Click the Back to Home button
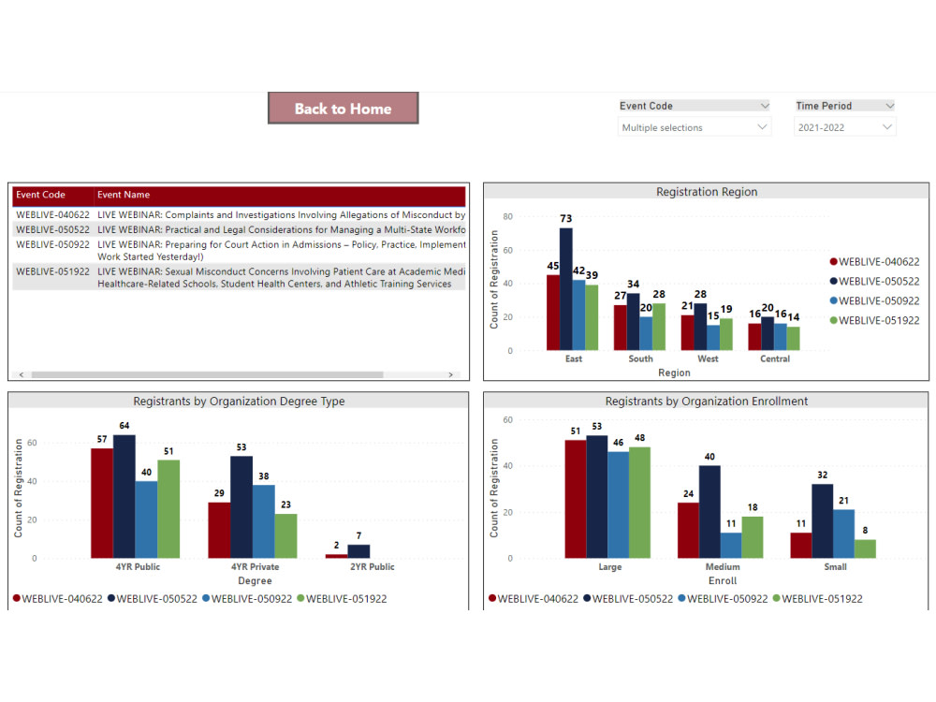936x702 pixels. [343, 109]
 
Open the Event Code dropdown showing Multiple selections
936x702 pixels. [695, 127]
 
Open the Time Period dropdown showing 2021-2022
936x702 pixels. [844, 127]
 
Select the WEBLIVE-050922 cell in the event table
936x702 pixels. [53, 244]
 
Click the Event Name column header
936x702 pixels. [124, 195]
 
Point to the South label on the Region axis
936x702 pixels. [641, 358]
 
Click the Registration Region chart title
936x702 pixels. [707, 192]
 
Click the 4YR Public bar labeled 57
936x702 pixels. [102, 503]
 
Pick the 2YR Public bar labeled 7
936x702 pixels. [358, 551]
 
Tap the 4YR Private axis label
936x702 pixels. [255, 566]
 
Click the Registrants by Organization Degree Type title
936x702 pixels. [239, 402]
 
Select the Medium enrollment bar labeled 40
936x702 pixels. [709, 511]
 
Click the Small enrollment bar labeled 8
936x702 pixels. [865, 548]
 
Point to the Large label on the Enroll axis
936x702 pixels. [610, 566]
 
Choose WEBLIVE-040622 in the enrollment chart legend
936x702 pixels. [538, 598]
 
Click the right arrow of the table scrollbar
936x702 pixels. [451, 374]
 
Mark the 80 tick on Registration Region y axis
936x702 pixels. [508, 216]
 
